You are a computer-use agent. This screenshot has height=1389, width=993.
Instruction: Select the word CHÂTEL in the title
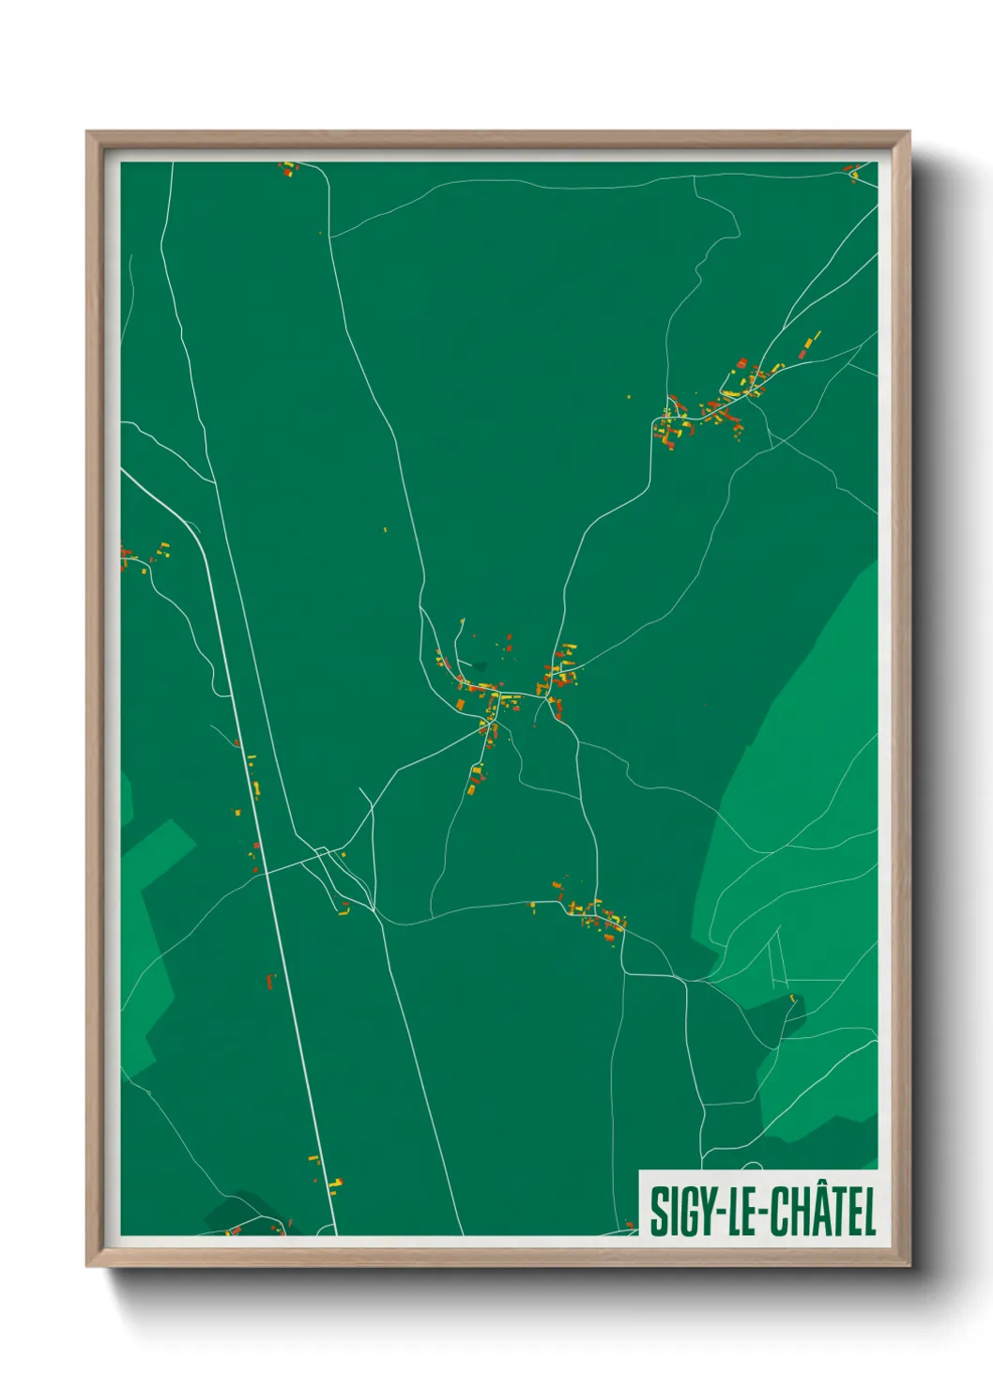point(824,1212)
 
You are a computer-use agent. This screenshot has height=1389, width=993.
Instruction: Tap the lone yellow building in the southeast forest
point(792,998)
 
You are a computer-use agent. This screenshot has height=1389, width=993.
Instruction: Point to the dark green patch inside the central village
point(481,667)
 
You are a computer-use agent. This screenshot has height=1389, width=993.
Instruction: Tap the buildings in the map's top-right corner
point(853,172)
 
